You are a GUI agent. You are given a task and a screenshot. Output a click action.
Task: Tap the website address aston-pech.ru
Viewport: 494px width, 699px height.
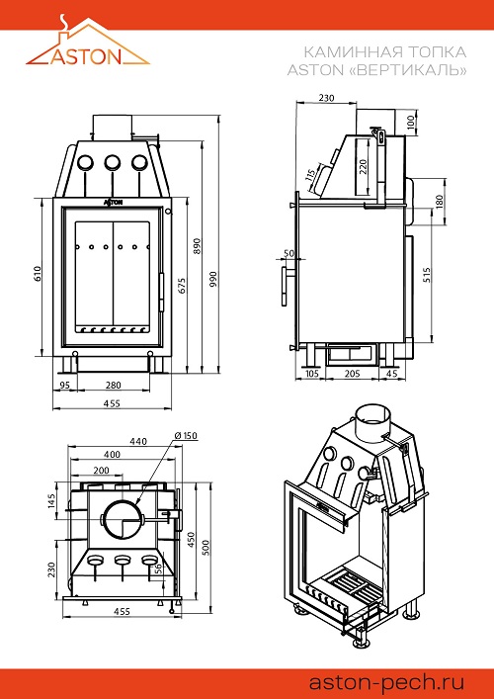click(x=386, y=682)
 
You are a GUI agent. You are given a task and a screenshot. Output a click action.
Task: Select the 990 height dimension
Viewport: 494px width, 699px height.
click(x=212, y=279)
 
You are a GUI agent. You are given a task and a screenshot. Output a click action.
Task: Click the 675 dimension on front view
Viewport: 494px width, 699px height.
click(x=182, y=286)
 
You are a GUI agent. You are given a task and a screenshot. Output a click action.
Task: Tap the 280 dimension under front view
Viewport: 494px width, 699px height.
click(x=114, y=385)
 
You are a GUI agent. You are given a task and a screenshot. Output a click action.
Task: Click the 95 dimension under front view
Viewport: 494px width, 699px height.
click(x=64, y=385)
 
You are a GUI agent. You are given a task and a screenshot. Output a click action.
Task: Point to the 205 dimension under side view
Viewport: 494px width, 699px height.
click(x=352, y=374)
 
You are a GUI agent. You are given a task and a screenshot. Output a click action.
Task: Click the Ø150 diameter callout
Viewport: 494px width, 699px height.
click(x=186, y=436)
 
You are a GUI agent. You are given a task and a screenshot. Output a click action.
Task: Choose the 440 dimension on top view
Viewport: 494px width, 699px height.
click(x=138, y=441)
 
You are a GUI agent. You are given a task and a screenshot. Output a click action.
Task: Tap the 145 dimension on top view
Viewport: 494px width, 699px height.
click(x=51, y=501)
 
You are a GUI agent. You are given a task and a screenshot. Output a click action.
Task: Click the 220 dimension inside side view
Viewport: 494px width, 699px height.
click(x=363, y=167)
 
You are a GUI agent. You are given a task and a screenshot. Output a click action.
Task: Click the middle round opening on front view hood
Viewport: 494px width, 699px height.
click(x=113, y=163)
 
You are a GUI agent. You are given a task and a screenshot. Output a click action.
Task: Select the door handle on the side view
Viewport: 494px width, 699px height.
click(x=286, y=286)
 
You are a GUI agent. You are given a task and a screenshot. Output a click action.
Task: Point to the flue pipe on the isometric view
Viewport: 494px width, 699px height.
click(x=372, y=423)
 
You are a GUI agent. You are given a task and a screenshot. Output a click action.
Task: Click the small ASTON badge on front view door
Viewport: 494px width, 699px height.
click(x=114, y=203)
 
